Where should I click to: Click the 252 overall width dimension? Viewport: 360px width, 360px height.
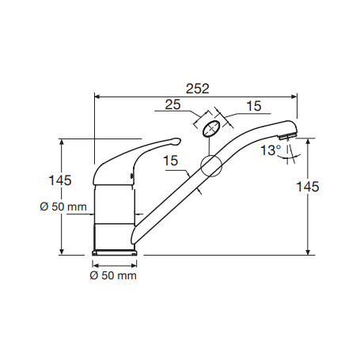(x=198, y=89)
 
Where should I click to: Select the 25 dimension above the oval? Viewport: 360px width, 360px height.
(x=172, y=104)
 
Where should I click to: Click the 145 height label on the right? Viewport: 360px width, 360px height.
(x=308, y=187)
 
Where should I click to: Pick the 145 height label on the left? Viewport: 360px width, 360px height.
(x=60, y=180)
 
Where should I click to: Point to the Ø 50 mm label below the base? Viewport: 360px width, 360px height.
(x=113, y=275)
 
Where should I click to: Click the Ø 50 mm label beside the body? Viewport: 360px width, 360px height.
(x=63, y=207)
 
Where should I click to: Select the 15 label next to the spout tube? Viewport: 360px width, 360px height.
(x=171, y=161)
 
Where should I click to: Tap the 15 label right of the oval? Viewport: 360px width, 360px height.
(x=254, y=106)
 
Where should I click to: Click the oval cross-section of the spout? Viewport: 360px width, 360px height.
(x=211, y=128)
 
